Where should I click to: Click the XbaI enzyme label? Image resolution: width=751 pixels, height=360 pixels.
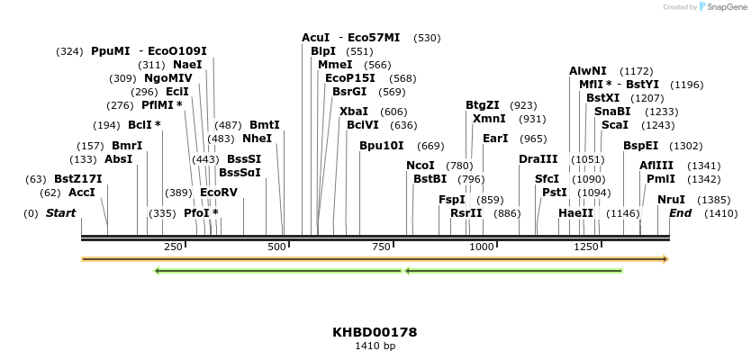pyautogui.click(x=354, y=112)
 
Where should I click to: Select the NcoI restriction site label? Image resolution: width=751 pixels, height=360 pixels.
pyautogui.click(x=421, y=166)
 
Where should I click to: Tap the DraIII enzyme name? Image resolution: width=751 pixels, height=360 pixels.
pyautogui.click(x=538, y=159)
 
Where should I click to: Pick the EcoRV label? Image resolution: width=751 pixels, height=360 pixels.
pyautogui.click(x=219, y=193)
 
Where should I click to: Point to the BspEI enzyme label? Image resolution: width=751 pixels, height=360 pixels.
pyautogui.click(x=641, y=146)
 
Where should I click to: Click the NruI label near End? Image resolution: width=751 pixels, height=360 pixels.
pyautogui.click(x=671, y=200)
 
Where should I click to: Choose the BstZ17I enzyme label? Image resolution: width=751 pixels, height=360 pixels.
pyautogui.click(x=78, y=179)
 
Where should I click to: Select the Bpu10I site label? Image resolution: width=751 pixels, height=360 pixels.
pyautogui.click(x=382, y=146)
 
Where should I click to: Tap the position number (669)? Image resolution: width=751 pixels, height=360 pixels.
pyautogui.click(x=431, y=146)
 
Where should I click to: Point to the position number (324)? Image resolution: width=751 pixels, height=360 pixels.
pyautogui.click(x=69, y=51)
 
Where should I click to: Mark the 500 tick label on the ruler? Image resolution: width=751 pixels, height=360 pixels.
pyautogui.click(x=277, y=247)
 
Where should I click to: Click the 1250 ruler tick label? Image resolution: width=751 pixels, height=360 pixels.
pyautogui.click(x=586, y=247)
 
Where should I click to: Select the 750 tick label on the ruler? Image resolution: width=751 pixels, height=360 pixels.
pyautogui.click(x=381, y=247)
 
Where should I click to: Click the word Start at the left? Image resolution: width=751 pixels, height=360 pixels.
pyautogui.click(x=61, y=213)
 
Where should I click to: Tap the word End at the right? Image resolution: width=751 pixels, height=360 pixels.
pyautogui.click(x=680, y=213)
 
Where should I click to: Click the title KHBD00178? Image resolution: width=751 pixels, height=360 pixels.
pyautogui.click(x=375, y=332)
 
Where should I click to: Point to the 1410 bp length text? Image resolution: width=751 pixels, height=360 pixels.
pyautogui.click(x=375, y=346)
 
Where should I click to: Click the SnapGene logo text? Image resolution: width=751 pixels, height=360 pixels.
pyautogui.click(x=723, y=7)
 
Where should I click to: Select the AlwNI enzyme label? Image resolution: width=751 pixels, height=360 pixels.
pyautogui.click(x=588, y=71)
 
